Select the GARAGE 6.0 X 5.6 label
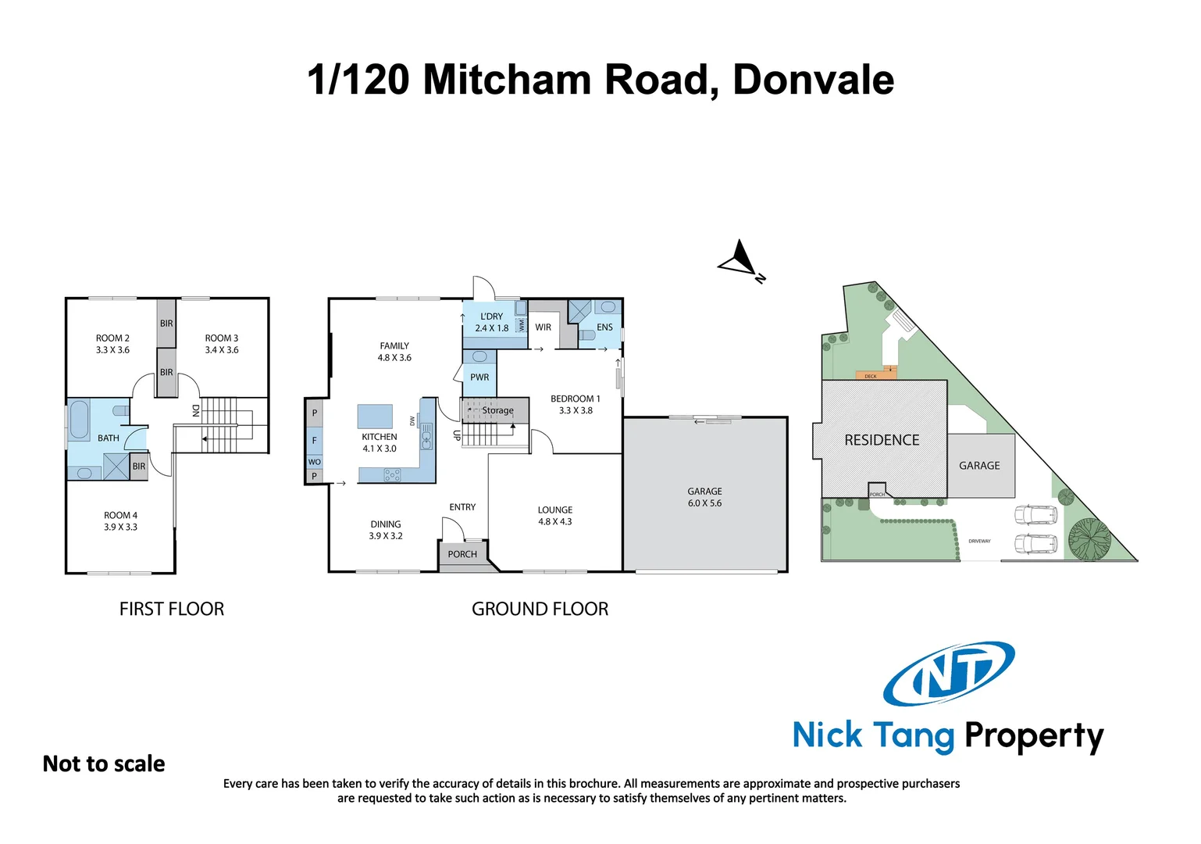pyautogui.click(x=704, y=497)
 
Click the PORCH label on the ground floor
pyautogui.click(x=462, y=554)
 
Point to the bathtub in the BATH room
pyautogui.click(x=79, y=420)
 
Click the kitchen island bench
pyautogui.click(x=375, y=417)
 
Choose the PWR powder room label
pyautogui.click(x=479, y=377)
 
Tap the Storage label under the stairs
pyautogui.click(x=497, y=410)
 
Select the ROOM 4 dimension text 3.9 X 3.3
pyautogui.click(x=120, y=527)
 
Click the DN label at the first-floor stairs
pyautogui.click(x=196, y=410)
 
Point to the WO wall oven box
pyautogui.click(x=315, y=462)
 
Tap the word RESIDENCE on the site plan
pyautogui.click(x=882, y=440)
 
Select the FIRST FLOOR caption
pyautogui.click(x=172, y=609)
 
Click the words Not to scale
pyautogui.click(x=104, y=764)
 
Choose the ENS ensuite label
pyautogui.click(x=604, y=327)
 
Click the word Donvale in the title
pyautogui.click(x=813, y=80)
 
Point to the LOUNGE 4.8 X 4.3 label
pyautogui.click(x=554, y=516)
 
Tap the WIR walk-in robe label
pyautogui.click(x=543, y=327)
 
